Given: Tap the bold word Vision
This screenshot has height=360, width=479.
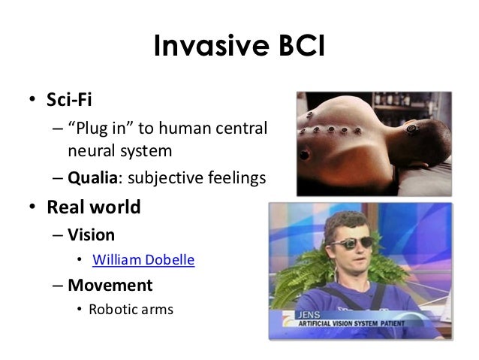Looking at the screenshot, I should click(91, 234).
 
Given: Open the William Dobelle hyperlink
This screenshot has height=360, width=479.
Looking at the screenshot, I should click(143, 260).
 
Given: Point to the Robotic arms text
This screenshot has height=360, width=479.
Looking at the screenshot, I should click(131, 308).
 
